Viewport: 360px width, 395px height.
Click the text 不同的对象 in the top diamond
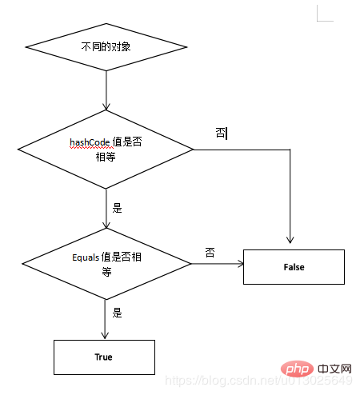click(106, 47)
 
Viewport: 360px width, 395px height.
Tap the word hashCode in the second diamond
click(90, 142)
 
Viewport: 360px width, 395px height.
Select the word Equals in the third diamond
click(86, 257)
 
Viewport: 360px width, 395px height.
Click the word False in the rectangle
click(294, 267)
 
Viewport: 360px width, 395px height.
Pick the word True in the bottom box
click(103, 357)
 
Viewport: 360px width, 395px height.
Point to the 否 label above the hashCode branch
click(221, 133)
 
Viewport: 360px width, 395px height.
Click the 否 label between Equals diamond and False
click(210, 252)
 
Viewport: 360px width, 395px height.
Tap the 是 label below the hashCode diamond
click(117, 208)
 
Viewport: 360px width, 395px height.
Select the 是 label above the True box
click(117, 313)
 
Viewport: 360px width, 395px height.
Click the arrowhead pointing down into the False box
click(290, 240)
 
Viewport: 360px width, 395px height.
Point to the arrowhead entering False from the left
click(241, 264)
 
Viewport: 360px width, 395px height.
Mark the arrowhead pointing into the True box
click(105, 336)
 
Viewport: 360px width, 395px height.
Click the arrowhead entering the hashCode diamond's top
click(106, 106)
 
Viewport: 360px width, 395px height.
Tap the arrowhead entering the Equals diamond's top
click(106, 225)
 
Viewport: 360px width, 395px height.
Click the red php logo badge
click(297, 369)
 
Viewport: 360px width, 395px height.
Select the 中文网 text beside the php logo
click(334, 369)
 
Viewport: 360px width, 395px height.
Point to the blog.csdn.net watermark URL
click(258, 381)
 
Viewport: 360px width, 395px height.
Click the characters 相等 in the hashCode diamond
click(106, 157)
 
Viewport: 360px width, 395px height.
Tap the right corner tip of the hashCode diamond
click(194, 150)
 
